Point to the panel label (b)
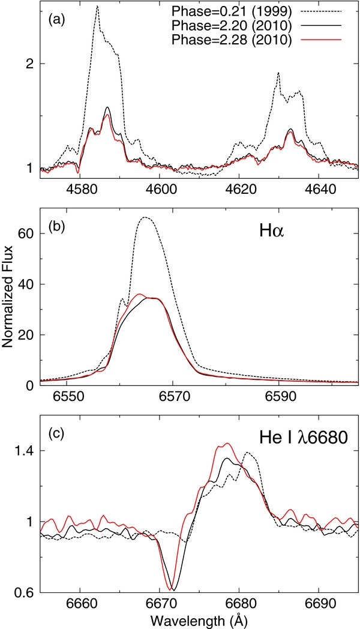pos(56,227)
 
